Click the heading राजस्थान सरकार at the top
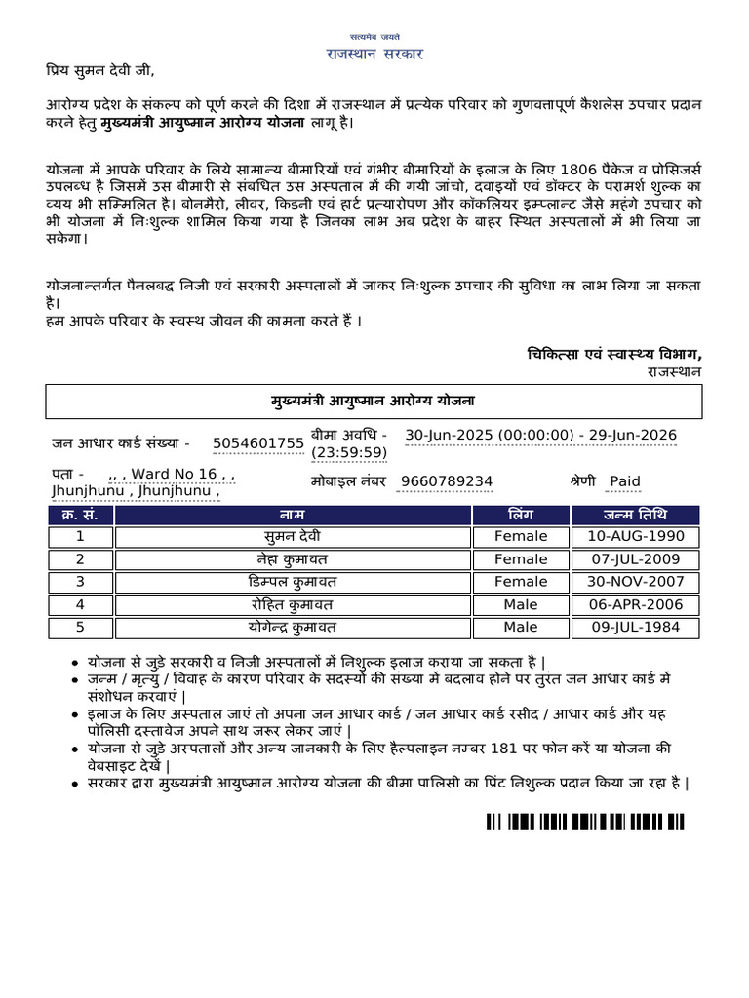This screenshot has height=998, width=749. click(374, 54)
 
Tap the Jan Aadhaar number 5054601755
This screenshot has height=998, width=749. click(258, 443)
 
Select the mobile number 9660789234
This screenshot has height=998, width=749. click(440, 481)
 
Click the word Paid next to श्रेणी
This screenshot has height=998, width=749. click(625, 481)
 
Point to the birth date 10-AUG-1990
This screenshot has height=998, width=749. click(637, 536)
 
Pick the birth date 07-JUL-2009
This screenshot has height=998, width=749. click(637, 559)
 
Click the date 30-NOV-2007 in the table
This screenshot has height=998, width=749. click(637, 582)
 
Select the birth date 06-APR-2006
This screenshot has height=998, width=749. click(637, 604)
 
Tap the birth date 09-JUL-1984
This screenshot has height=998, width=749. click(637, 628)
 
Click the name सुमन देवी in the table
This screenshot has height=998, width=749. click(293, 536)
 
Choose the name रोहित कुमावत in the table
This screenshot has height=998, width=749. click(293, 604)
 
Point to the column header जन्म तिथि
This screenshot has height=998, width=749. click(637, 514)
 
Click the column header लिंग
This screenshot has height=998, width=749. click(521, 514)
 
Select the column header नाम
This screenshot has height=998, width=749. click(293, 514)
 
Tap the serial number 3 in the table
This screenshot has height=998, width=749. click(80, 582)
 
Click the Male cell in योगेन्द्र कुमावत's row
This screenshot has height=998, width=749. click(521, 628)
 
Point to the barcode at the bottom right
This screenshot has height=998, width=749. click(591, 822)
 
